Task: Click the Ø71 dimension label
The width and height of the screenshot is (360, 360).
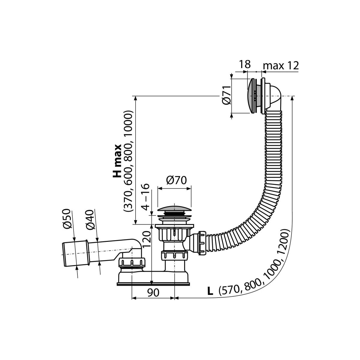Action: coord(227,95)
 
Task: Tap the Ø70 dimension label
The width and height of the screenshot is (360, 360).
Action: coord(176,180)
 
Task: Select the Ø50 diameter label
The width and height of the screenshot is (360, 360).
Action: coord(67,219)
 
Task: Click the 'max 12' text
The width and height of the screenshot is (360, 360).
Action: coord(280,65)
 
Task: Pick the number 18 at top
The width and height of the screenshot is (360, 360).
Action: coord(245,64)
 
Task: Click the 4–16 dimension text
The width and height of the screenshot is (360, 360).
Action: coord(145,197)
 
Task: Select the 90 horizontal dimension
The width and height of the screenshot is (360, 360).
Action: coord(153,292)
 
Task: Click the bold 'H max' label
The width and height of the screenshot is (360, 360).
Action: coord(117,161)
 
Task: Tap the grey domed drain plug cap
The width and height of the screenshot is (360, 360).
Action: coord(174,209)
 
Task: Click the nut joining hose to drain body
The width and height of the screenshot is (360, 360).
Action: coord(202,243)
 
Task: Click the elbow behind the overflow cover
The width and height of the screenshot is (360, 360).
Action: coord(274,98)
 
